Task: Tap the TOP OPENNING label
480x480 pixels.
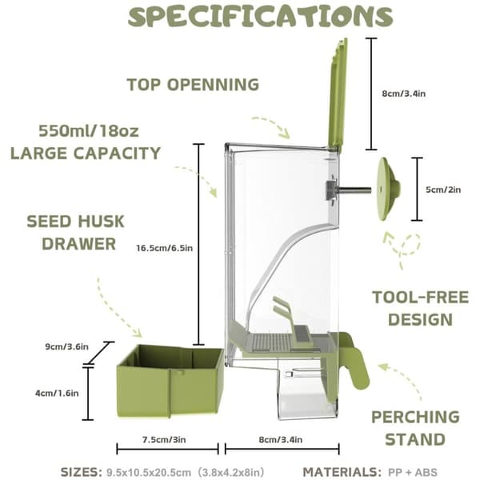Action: [193, 85]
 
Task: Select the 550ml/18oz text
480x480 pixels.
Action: [89, 130]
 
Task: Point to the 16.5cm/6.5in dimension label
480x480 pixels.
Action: [164, 248]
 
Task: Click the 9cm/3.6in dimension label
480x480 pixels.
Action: [67, 346]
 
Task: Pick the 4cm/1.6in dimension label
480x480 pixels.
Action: [57, 393]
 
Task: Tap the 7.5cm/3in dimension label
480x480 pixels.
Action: [164, 439]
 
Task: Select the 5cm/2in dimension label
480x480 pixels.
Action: [443, 190]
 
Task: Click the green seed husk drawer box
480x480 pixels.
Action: [170, 381]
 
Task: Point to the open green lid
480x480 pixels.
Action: [338, 95]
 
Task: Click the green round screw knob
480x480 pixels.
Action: [388, 189]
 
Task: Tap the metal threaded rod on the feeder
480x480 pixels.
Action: [355, 190]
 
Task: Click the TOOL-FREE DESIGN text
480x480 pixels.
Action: [420, 308]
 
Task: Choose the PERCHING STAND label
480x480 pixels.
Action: [415, 428]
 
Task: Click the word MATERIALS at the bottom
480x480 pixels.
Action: [342, 472]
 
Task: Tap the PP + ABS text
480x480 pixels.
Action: [413, 472]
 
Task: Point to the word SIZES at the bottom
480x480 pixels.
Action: [82, 472]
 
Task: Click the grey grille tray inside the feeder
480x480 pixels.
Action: [273, 342]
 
